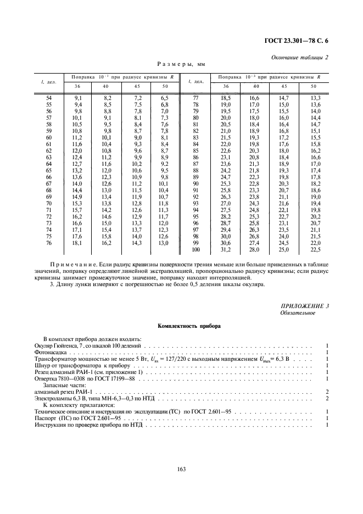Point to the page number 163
[181, 468]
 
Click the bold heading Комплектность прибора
[181, 326]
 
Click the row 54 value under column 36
[78, 97]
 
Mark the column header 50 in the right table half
[314, 86]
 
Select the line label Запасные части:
[65, 386]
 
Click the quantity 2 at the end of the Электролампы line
[327, 398]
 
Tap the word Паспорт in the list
[47, 418]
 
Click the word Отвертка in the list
[48, 379]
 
